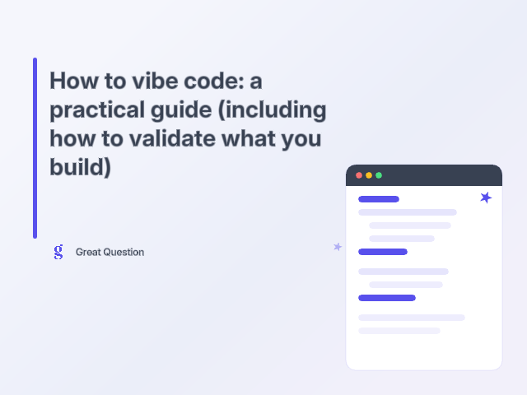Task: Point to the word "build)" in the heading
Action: (80, 166)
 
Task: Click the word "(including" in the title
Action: (274, 110)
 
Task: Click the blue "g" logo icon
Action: (58, 252)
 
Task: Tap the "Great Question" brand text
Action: (110, 253)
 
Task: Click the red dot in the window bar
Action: (359, 175)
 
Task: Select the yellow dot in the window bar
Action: (369, 175)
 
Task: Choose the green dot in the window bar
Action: (379, 175)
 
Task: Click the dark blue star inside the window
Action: (486, 197)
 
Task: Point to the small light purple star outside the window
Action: (337, 246)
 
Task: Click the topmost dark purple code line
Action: (379, 199)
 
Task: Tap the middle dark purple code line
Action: (383, 252)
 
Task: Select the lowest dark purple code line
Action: (387, 298)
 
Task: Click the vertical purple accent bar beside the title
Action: (35, 148)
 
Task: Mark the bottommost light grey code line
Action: (399, 331)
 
